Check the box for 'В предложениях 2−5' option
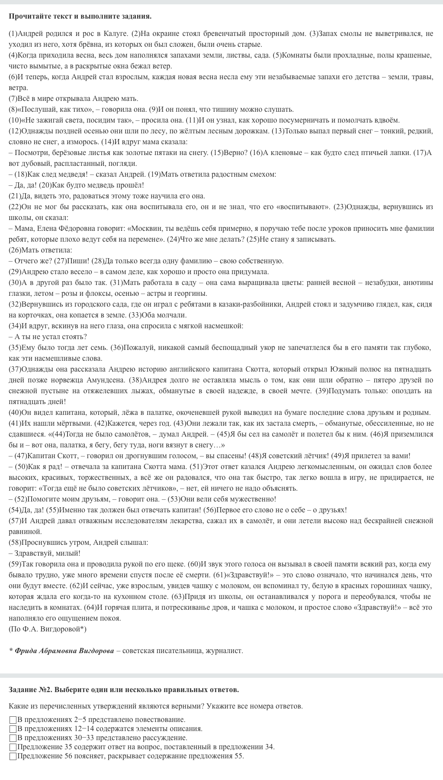13,720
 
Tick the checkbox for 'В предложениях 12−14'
13,729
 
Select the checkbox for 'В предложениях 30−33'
13,738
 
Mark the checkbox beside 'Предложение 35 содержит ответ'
13,747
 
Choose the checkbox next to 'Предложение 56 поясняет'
13,757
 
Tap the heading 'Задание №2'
30,689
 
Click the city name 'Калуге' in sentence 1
117,33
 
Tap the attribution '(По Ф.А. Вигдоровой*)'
47,629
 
